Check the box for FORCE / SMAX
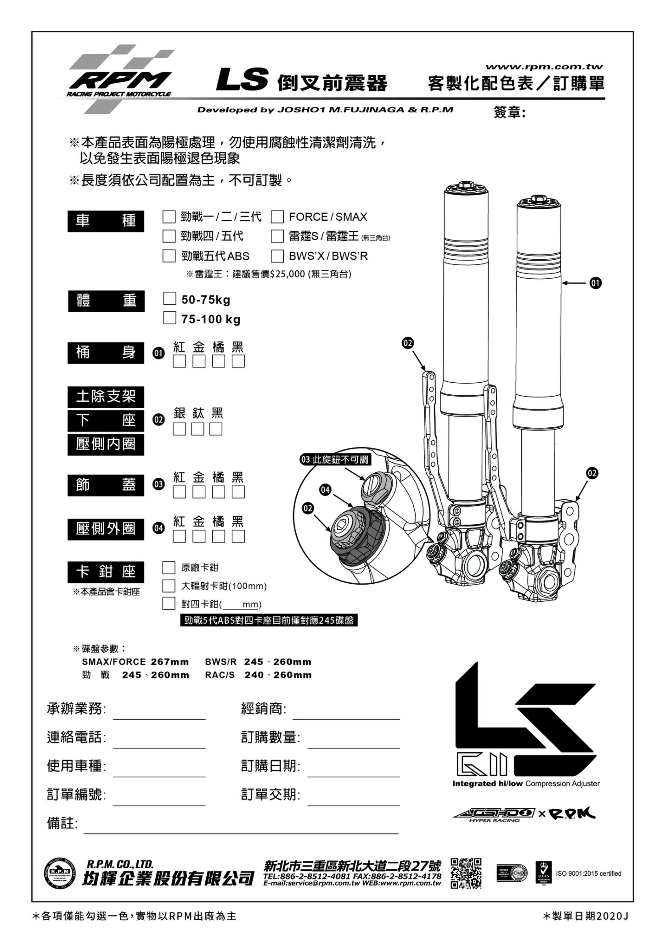(x=277, y=216)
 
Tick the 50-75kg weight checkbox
(x=169, y=299)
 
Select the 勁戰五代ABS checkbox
(x=169, y=256)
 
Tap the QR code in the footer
(x=466, y=873)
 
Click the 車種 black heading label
(x=106, y=221)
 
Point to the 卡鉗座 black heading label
(x=106, y=572)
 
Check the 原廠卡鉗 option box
(x=169, y=568)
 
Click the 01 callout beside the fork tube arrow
(x=595, y=283)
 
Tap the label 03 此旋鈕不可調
(x=335, y=459)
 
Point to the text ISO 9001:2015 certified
(x=588, y=873)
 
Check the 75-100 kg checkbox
(x=169, y=318)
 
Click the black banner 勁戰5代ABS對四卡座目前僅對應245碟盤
(x=269, y=621)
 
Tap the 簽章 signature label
(x=509, y=112)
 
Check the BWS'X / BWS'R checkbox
(x=277, y=256)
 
